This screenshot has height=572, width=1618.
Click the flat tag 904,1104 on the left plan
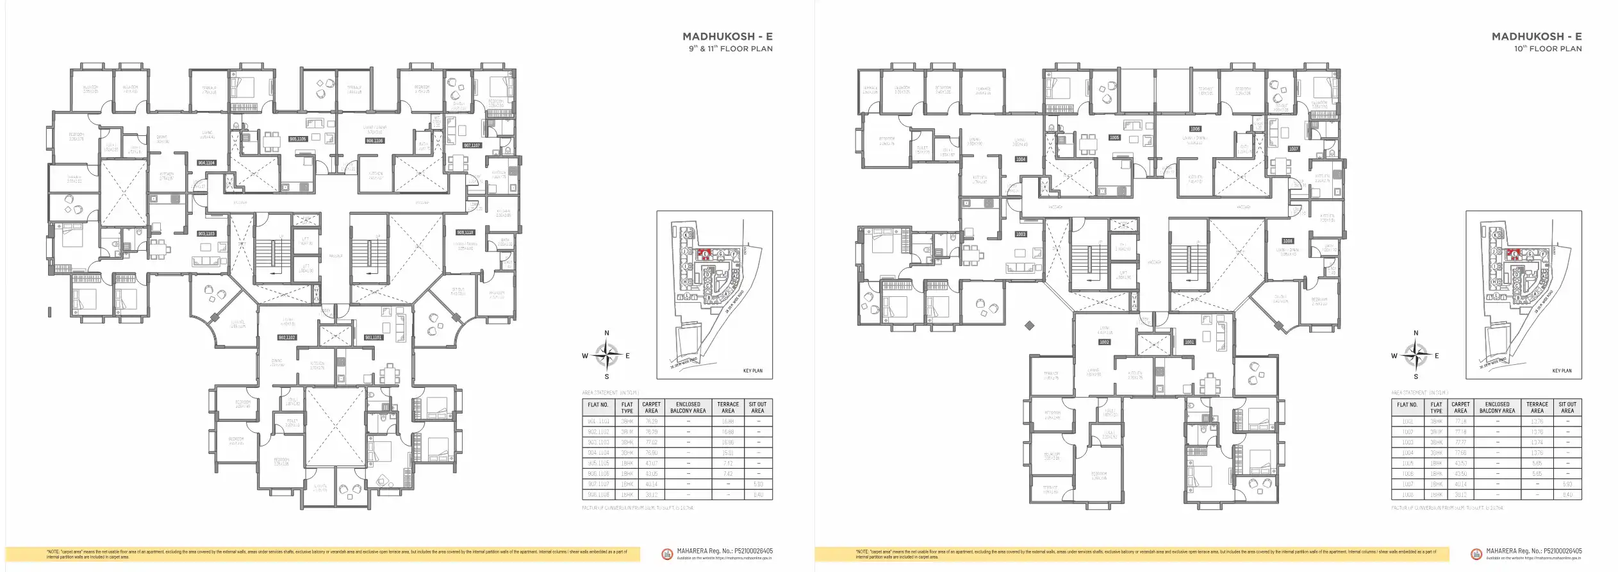pyautogui.click(x=206, y=163)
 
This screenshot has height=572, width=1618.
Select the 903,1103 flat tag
pyautogui.click(x=206, y=234)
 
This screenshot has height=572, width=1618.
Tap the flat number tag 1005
pyautogui.click(x=1114, y=138)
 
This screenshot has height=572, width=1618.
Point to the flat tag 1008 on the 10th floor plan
pyautogui.click(x=1287, y=241)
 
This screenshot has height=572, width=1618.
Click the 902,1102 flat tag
pyautogui.click(x=286, y=337)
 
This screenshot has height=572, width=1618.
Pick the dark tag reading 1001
pyautogui.click(x=1189, y=342)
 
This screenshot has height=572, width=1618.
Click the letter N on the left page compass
pyautogui.click(x=607, y=333)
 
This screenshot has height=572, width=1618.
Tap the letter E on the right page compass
pyautogui.click(x=1437, y=356)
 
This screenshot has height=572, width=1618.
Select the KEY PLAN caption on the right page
pyautogui.click(x=1562, y=371)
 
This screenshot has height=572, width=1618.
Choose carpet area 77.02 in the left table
pyautogui.click(x=651, y=442)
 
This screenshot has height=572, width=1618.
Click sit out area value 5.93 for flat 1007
pyautogui.click(x=1567, y=484)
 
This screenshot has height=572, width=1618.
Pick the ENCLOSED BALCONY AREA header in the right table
pyautogui.click(x=1497, y=408)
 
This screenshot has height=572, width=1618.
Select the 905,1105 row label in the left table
pyautogui.click(x=598, y=463)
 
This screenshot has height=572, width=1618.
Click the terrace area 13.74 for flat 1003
pyautogui.click(x=1537, y=442)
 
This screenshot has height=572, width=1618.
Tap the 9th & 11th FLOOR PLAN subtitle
pyautogui.click(x=731, y=49)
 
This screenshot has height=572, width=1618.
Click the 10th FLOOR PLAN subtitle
pyautogui.click(x=1548, y=49)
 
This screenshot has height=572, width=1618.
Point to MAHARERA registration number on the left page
pyautogui.click(x=724, y=551)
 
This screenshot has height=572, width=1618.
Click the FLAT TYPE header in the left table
pyautogui.click(x=627, y=408)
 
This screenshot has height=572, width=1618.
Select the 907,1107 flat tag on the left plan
pyautogui.click(x=472, y=146)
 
